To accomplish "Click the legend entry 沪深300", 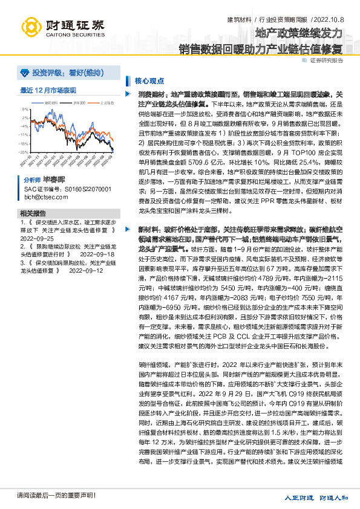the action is click(79, 103).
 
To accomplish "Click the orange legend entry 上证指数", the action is click(105, 103).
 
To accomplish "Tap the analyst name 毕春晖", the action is click(54, 180).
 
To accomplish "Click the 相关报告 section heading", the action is click(33, 214).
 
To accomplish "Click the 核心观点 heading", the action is click(147, 80).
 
